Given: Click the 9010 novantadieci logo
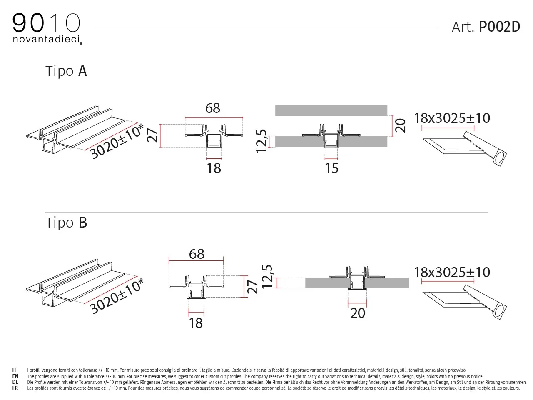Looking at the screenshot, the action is pyautogui.click(x=47, y=29).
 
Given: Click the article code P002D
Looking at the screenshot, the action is pyautogui.click(x=499, y=27).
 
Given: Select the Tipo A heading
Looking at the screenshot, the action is pyautogui.click(x=66, y=71).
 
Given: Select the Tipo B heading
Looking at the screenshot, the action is pyautogui.click(x=66, y=222).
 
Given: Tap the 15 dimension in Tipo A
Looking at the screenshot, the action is pyautogui.click(x=332, y=168).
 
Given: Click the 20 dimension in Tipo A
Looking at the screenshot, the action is pyautogui.click(x=400, y=125).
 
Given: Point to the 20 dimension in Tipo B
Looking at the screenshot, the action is pyautogui.click(x=358, y=313).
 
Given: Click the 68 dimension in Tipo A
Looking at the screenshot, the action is pyautogui.click(x=213, y=108).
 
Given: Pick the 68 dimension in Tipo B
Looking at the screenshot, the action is pyautogui.click(x=197, y=254).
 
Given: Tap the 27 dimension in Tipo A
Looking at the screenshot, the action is pyautogui.click(x=152, y=135).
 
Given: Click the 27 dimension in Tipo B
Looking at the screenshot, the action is pyautogui.click(x=252, y=287).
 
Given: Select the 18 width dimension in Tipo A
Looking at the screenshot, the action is pyautogui.click(x=214, y=168).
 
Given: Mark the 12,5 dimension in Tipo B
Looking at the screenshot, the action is pyautogui.click(x=267, y=277).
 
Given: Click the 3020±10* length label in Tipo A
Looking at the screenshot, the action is pyautogui.click(x=117, y=141).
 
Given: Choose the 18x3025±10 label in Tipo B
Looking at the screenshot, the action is pyautogui.click(x=452, y=272).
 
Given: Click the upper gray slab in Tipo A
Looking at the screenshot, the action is pyautogui.click(x=331, y=110).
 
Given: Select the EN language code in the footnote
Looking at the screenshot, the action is pyautogui.click(x=15, y=376).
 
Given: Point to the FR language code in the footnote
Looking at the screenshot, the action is pyautogui.click(x=15, y=388).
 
